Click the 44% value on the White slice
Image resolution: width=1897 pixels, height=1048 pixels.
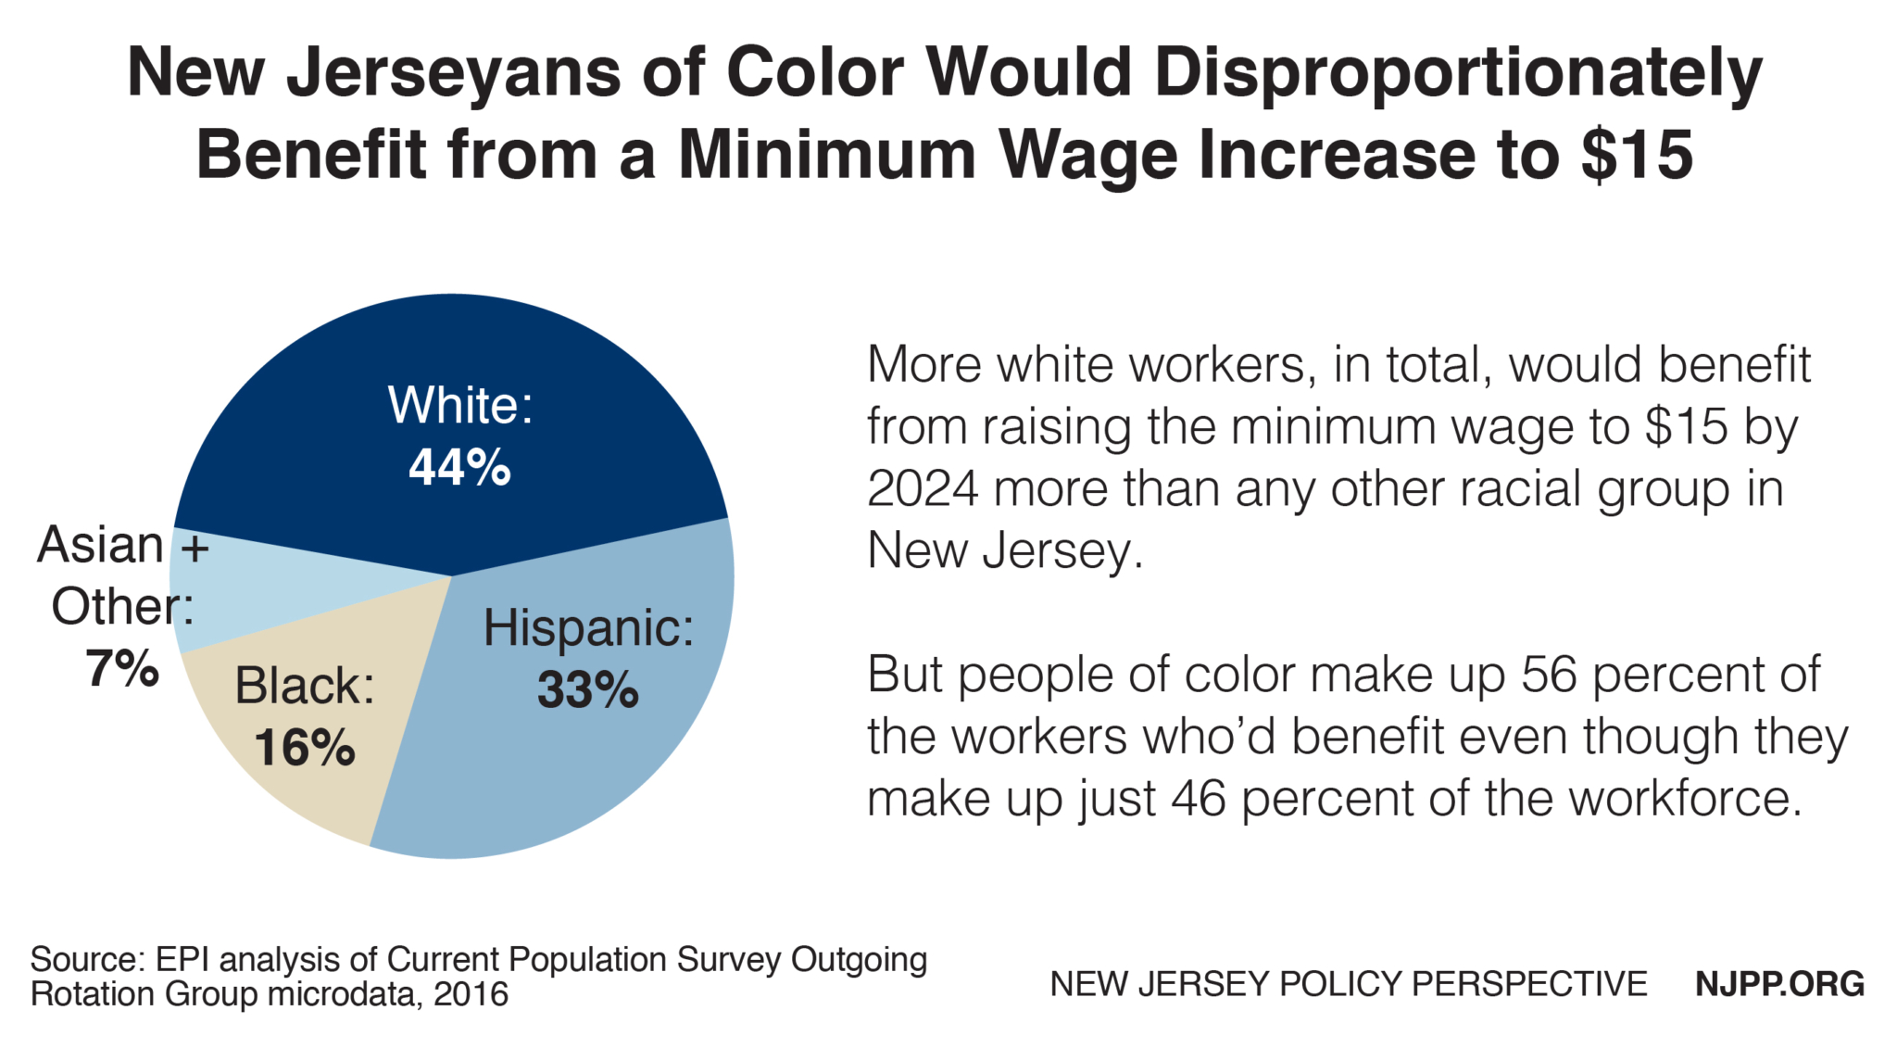coord(459,467)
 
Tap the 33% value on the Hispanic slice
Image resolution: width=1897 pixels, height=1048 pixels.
coord(587,690)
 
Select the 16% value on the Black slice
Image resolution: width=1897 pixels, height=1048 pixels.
coord(304,748)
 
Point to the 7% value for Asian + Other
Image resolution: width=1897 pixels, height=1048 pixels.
coord(121,668)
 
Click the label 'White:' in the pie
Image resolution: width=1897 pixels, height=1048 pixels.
coord(460,406)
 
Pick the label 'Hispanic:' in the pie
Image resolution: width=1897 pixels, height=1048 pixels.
coord(588,628)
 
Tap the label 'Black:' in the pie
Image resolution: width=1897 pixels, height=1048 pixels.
coord(304,687)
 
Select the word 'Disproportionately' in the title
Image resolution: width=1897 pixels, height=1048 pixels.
coord(1458,72)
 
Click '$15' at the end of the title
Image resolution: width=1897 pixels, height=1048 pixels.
coord(1637,154)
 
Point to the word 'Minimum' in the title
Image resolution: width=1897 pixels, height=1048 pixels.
coord(827,154)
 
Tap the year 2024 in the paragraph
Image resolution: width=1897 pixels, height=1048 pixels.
coord(922,489)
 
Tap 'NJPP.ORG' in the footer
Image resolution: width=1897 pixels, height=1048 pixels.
coord(1779,984)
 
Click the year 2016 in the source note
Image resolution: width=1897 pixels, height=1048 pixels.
coord(471,994)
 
